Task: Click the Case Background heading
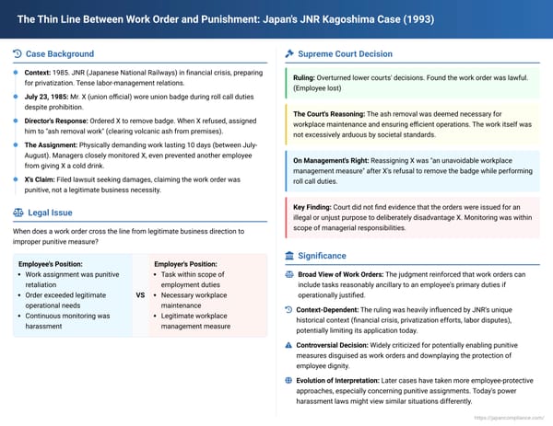(x=59, y=54)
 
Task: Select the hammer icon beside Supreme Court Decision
(x=290, y=54)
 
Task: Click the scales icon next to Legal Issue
(x=19, y=212)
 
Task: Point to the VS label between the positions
(x=141, y=295)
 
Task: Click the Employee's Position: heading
(x=50, y=263)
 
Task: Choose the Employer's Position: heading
(x=185, y=263)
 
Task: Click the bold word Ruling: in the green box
(x=306, y=79)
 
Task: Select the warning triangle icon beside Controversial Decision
(x=289, y=343)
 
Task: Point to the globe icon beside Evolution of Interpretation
(x=289, y=377)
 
